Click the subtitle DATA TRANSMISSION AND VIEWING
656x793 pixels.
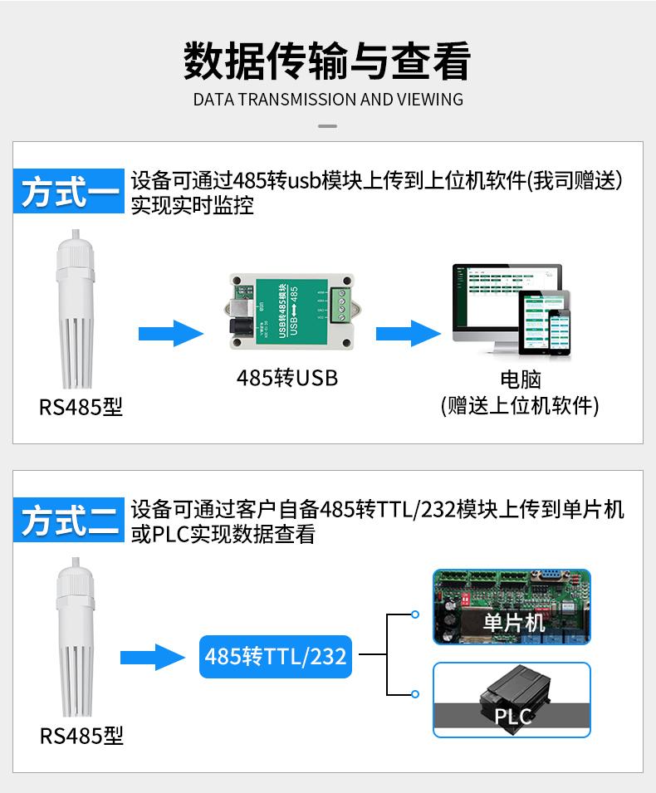[328, 100]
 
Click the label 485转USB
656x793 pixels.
[287, 378]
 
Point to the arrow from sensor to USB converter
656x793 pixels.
[169, 335]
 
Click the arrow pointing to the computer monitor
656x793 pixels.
[408, 335]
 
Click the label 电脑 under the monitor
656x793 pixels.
[521, 380]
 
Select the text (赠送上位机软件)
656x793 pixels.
[520, 405]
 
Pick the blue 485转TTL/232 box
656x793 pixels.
[275, 656]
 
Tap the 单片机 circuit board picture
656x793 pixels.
[512, 607]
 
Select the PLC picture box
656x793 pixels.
[512, 699]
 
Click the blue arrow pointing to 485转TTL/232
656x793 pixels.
[153, 658]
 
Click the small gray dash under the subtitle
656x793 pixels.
[328, 126]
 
